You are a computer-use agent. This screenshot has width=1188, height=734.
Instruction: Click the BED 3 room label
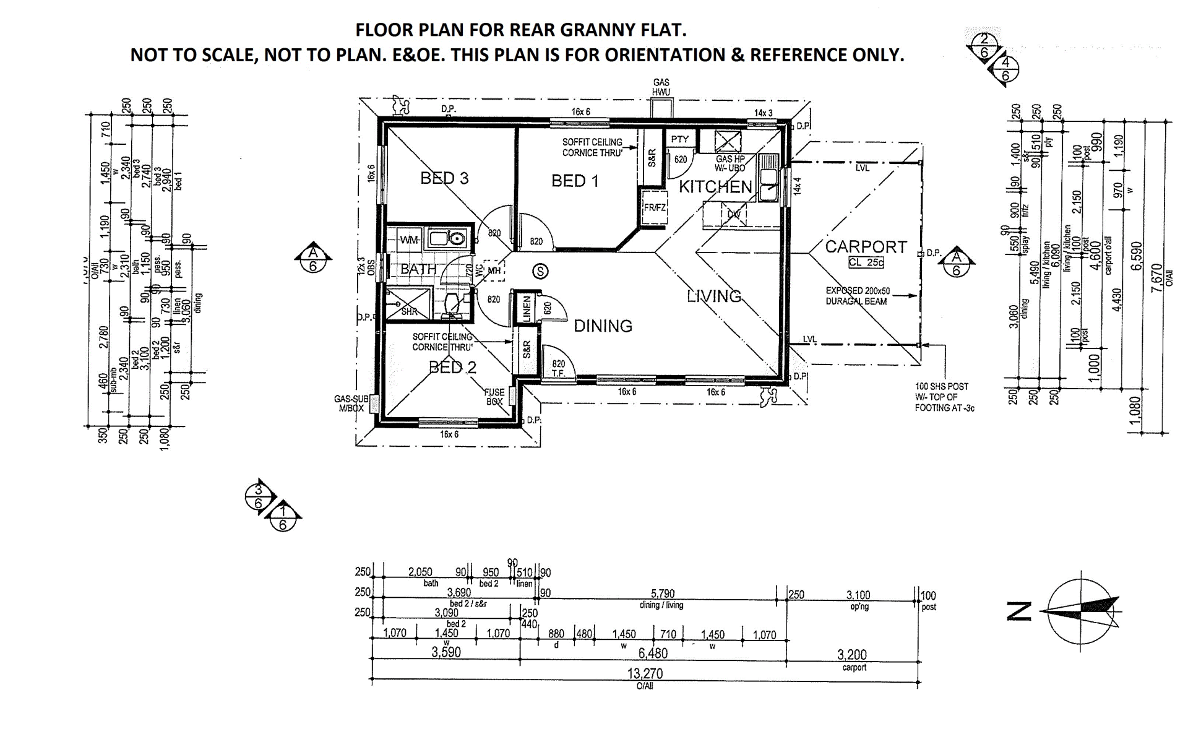pos(444,178)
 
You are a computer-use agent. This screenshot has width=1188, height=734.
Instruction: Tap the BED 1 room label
pos(575,181)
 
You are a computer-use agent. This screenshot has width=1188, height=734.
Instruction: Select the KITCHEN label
pos(715,186)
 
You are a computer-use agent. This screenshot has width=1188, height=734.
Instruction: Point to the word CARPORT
pos(866,247)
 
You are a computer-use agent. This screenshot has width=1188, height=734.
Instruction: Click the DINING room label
pos(603,326)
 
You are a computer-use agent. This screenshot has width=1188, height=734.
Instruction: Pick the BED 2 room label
pos(453,368)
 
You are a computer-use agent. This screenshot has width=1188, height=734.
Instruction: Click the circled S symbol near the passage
pos(541,271)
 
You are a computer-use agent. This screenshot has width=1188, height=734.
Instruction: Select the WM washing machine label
pos(409,240)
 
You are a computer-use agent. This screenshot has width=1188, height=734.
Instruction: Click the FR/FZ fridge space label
pos(654,208)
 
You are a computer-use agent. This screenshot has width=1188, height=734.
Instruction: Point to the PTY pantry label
pos(679,139)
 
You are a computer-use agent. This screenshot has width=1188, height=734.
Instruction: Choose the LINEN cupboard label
pos(527,308)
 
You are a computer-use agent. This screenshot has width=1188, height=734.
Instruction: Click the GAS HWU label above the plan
pos(661,87)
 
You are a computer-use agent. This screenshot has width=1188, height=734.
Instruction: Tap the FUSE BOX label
pos(494,397)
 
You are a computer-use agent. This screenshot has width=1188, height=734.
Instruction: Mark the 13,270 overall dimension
pos(645,673)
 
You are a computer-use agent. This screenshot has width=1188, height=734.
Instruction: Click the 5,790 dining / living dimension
pos(662,594)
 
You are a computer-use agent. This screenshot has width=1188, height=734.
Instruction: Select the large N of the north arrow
pos(1019,611)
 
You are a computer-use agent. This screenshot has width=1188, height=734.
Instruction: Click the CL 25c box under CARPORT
pos(866,262)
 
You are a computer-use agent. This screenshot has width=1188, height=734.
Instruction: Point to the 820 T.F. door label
pos(558,369)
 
